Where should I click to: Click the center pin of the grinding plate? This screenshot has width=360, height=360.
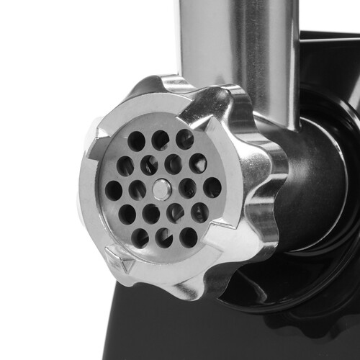163,189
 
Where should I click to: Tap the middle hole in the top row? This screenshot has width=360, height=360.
161,140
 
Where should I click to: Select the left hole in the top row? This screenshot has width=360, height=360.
137,141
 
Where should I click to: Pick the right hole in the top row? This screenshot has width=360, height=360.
184,138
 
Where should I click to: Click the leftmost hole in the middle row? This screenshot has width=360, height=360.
114,190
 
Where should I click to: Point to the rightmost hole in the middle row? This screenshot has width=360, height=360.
212,187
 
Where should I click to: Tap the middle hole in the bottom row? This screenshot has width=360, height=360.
164,238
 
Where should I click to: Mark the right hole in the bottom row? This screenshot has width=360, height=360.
188,236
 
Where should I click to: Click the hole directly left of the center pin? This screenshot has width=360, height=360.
138,190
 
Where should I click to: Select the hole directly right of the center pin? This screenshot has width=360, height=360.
187,189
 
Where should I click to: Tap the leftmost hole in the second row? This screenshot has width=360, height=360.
125,166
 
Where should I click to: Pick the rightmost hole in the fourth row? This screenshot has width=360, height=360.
199,212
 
